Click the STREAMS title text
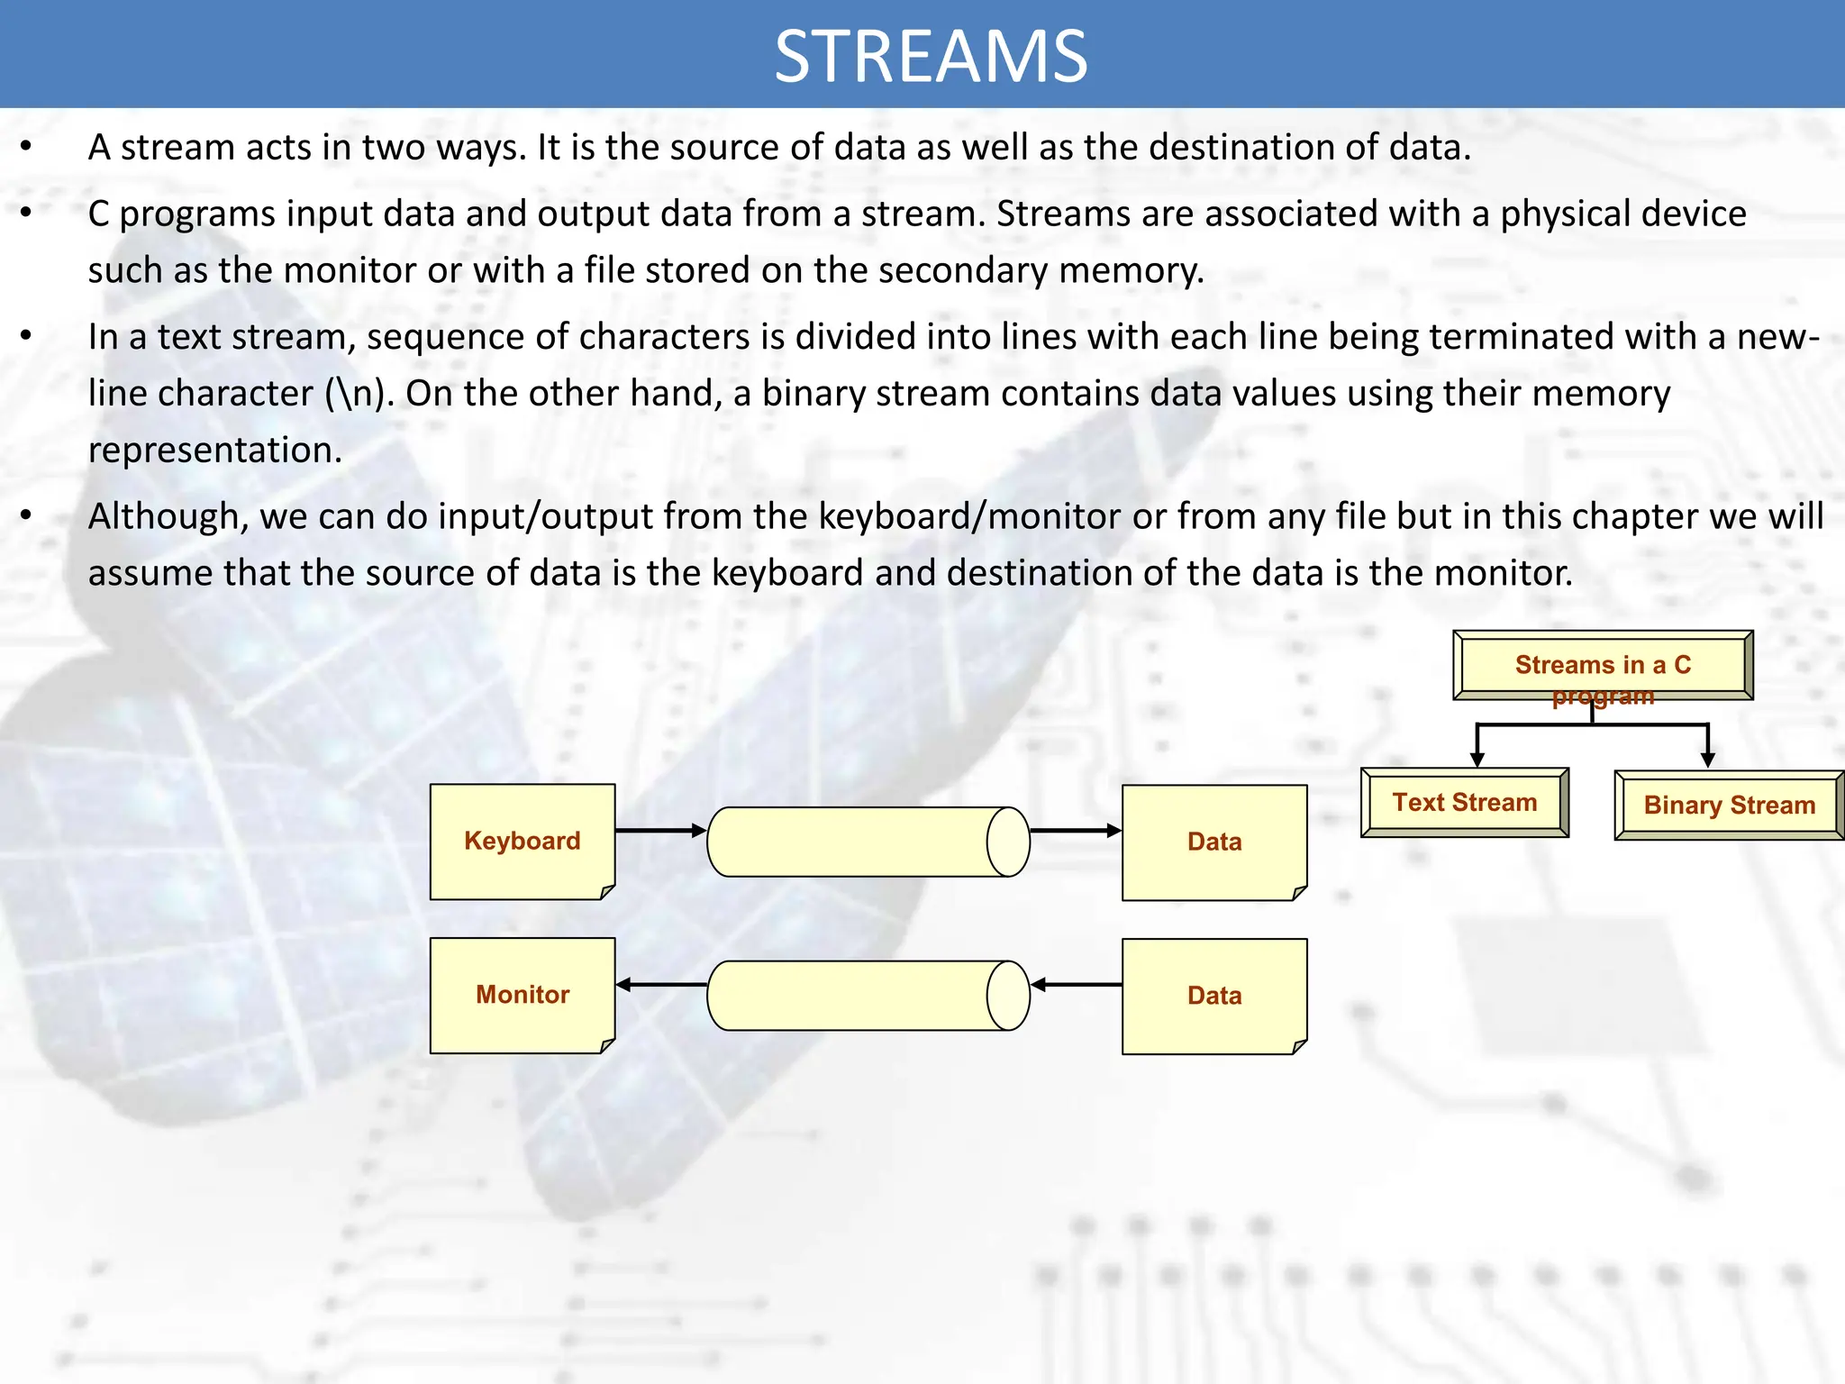pos(931,57)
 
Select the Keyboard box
pos(523,841)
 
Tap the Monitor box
pos(523,995)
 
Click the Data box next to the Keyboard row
pos(1214,842)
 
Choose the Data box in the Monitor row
pos(1214,996)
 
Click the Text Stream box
pos(1465,802)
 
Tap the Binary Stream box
pos(1729,805)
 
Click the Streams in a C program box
pos(1603,665)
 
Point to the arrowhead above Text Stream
pos(1477,759)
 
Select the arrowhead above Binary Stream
pos(1707,760)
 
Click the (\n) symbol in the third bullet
pos(359,394)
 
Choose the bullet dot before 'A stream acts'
pos(26,147)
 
